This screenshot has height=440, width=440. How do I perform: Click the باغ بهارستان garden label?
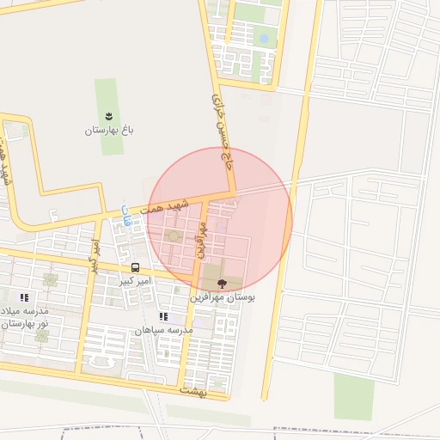pos(110,131)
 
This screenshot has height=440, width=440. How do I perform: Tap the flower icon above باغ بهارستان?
pos(109,115)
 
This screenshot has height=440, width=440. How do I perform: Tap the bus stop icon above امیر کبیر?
pos(135,267)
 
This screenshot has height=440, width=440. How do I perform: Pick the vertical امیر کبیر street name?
pos(95,254)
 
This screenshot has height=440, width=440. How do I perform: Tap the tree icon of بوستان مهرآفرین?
pos(223,283)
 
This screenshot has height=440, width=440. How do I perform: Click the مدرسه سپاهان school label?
pos(162,330)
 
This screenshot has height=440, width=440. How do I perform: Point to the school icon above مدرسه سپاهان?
pos(163,316)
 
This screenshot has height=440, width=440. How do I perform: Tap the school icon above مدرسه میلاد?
pos(24,297)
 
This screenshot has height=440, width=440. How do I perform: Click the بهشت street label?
pos(194,391)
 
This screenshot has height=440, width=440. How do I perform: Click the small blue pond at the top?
pos(264,39)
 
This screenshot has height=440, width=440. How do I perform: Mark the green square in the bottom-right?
pos(353,396)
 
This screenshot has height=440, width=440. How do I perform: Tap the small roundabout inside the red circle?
pos(174,235)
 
